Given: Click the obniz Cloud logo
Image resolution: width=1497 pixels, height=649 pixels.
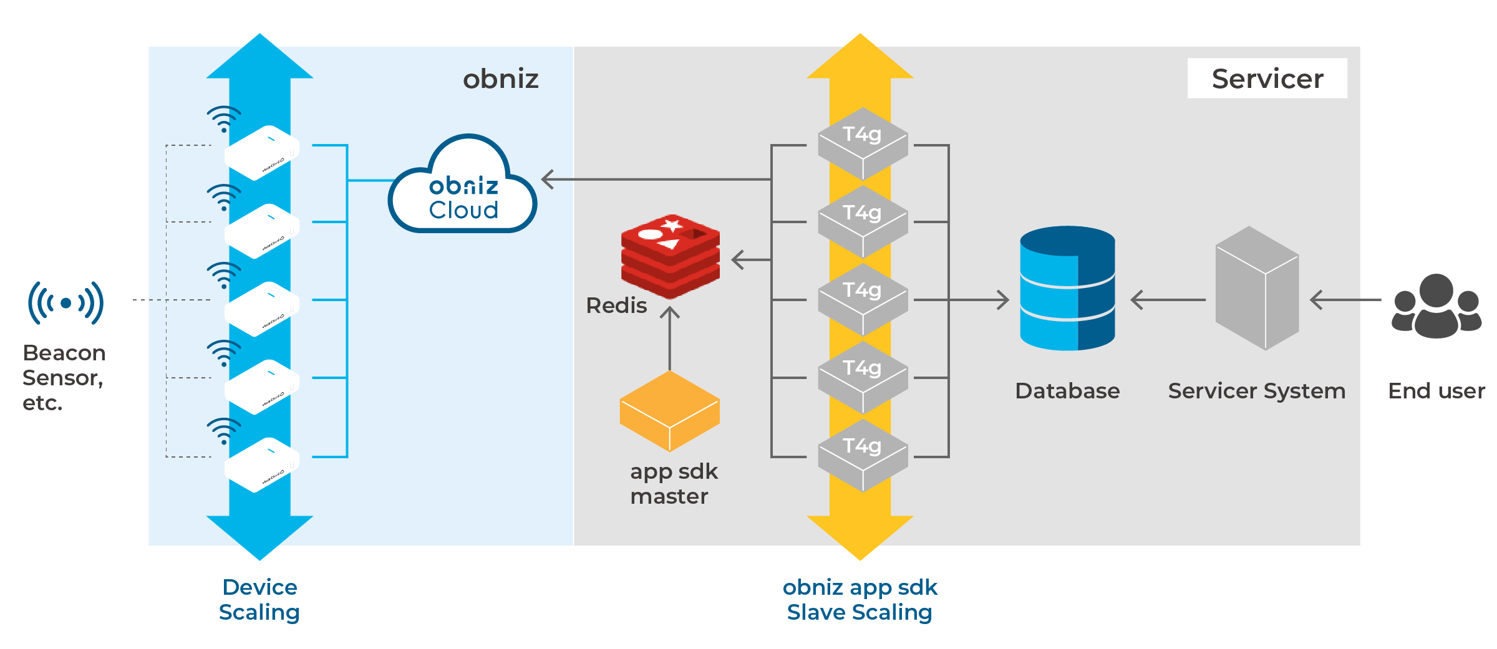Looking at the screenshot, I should coord(463,187).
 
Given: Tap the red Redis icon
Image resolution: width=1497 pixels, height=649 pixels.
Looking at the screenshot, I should coord(671,256).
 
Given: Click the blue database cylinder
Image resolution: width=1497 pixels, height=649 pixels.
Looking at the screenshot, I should coord(1067,288).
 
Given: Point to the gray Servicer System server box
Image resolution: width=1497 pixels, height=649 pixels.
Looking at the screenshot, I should coord(1257,288).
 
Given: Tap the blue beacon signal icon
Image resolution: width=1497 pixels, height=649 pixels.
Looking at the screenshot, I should coord(65,303).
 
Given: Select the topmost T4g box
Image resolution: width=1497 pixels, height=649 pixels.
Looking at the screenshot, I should coord(863,143).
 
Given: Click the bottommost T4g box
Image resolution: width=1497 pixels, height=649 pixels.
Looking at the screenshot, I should coord(863,455).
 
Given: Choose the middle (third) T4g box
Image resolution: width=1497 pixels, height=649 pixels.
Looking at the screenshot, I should coord(863,299).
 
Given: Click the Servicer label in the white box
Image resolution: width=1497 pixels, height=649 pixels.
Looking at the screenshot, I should coord(1267,79).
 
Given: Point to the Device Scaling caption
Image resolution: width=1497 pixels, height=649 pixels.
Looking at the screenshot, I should coord(259,600).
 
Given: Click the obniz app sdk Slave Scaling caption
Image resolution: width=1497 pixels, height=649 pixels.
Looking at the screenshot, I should coord(860,600).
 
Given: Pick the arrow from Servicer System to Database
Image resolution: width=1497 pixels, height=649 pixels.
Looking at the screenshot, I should coord(1166,300).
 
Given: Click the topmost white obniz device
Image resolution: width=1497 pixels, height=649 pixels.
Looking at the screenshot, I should coord(262,153).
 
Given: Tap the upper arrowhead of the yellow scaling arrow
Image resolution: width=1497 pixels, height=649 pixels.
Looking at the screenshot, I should coord(860,59).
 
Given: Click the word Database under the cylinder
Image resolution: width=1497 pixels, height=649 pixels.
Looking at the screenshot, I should coord(1067,391).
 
